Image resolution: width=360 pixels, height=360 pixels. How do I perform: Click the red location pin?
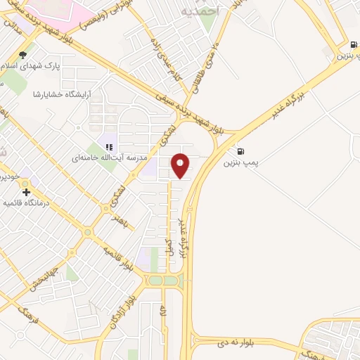181,165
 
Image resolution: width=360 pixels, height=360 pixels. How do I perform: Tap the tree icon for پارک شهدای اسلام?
23,55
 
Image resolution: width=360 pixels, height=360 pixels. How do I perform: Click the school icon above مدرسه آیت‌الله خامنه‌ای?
109,147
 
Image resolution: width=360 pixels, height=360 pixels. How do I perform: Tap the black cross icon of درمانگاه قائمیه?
26,192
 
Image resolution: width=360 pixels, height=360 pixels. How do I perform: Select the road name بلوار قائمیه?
117,256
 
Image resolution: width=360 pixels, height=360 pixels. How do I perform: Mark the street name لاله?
162,309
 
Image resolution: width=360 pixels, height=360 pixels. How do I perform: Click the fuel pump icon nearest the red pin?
241,150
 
